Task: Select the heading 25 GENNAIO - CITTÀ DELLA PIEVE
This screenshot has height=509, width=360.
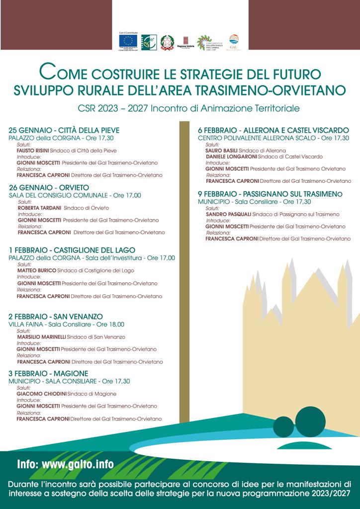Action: click(x=64, y=131)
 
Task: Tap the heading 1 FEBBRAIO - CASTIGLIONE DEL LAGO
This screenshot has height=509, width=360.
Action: click(x=72, y=250)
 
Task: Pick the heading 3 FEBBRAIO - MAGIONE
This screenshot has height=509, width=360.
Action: click(x=48, y=373)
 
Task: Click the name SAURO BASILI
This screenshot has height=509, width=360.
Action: click(x=221, y=150)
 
